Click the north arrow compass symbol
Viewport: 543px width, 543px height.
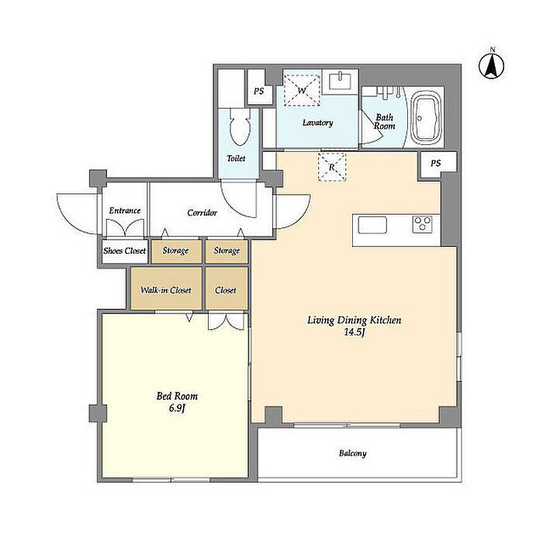coord(491,65)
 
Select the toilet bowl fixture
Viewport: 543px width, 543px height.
coord(240,127)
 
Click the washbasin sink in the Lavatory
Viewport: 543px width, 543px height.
coord(340,81)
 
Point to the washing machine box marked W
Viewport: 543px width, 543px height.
coord(302,91)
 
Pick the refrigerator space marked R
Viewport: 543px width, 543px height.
coord(332,167)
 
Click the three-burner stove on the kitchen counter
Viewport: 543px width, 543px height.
coord(423,223)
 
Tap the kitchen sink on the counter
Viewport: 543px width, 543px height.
coord(372,225)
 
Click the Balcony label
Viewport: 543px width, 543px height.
coord(352,453)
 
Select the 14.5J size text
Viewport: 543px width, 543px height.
coord(354,333)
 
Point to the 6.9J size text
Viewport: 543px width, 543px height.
coord(177,408)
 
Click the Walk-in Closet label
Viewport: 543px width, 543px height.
coord(166,290)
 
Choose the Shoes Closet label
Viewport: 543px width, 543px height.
coord(124,251)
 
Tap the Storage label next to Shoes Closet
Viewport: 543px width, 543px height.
coord(175,251)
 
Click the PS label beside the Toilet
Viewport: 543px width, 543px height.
coord(258,91)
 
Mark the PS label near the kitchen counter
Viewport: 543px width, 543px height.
coord(436,163)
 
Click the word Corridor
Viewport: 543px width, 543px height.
coord(202,213)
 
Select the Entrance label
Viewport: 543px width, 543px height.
coord(125,210)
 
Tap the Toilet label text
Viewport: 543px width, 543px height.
coord(236,158)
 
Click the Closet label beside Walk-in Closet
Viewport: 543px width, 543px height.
coord(226,290)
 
